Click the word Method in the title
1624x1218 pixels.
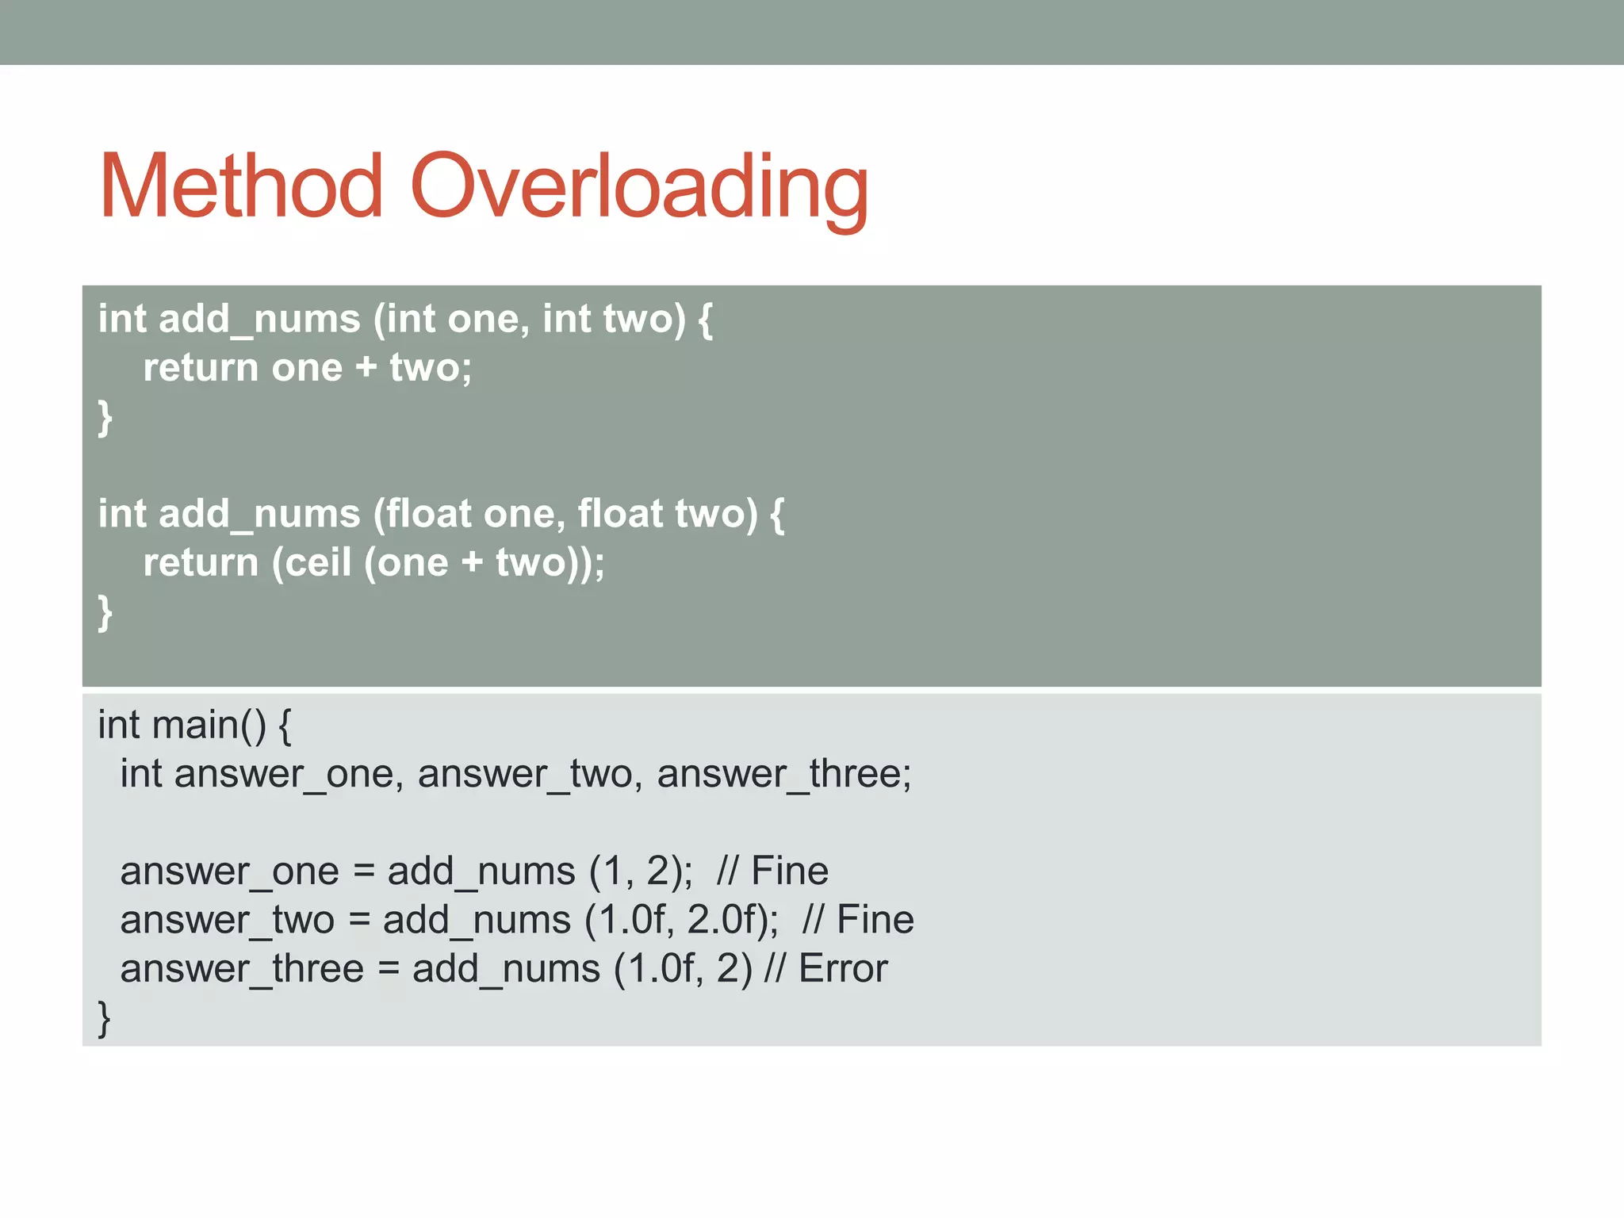point(241,186)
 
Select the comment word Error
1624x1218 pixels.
point(842,969)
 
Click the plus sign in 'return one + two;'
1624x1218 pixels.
point(366,368)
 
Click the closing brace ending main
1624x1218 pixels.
point(104,1019)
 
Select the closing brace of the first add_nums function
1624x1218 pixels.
point(105,418)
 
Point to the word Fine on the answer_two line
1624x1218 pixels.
point(875,920)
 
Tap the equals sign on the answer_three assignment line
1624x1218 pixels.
point(389,969)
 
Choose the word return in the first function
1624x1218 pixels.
point(201,368)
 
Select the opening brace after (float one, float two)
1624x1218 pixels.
point(777,514)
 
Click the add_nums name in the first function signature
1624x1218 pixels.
point(259,319)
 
